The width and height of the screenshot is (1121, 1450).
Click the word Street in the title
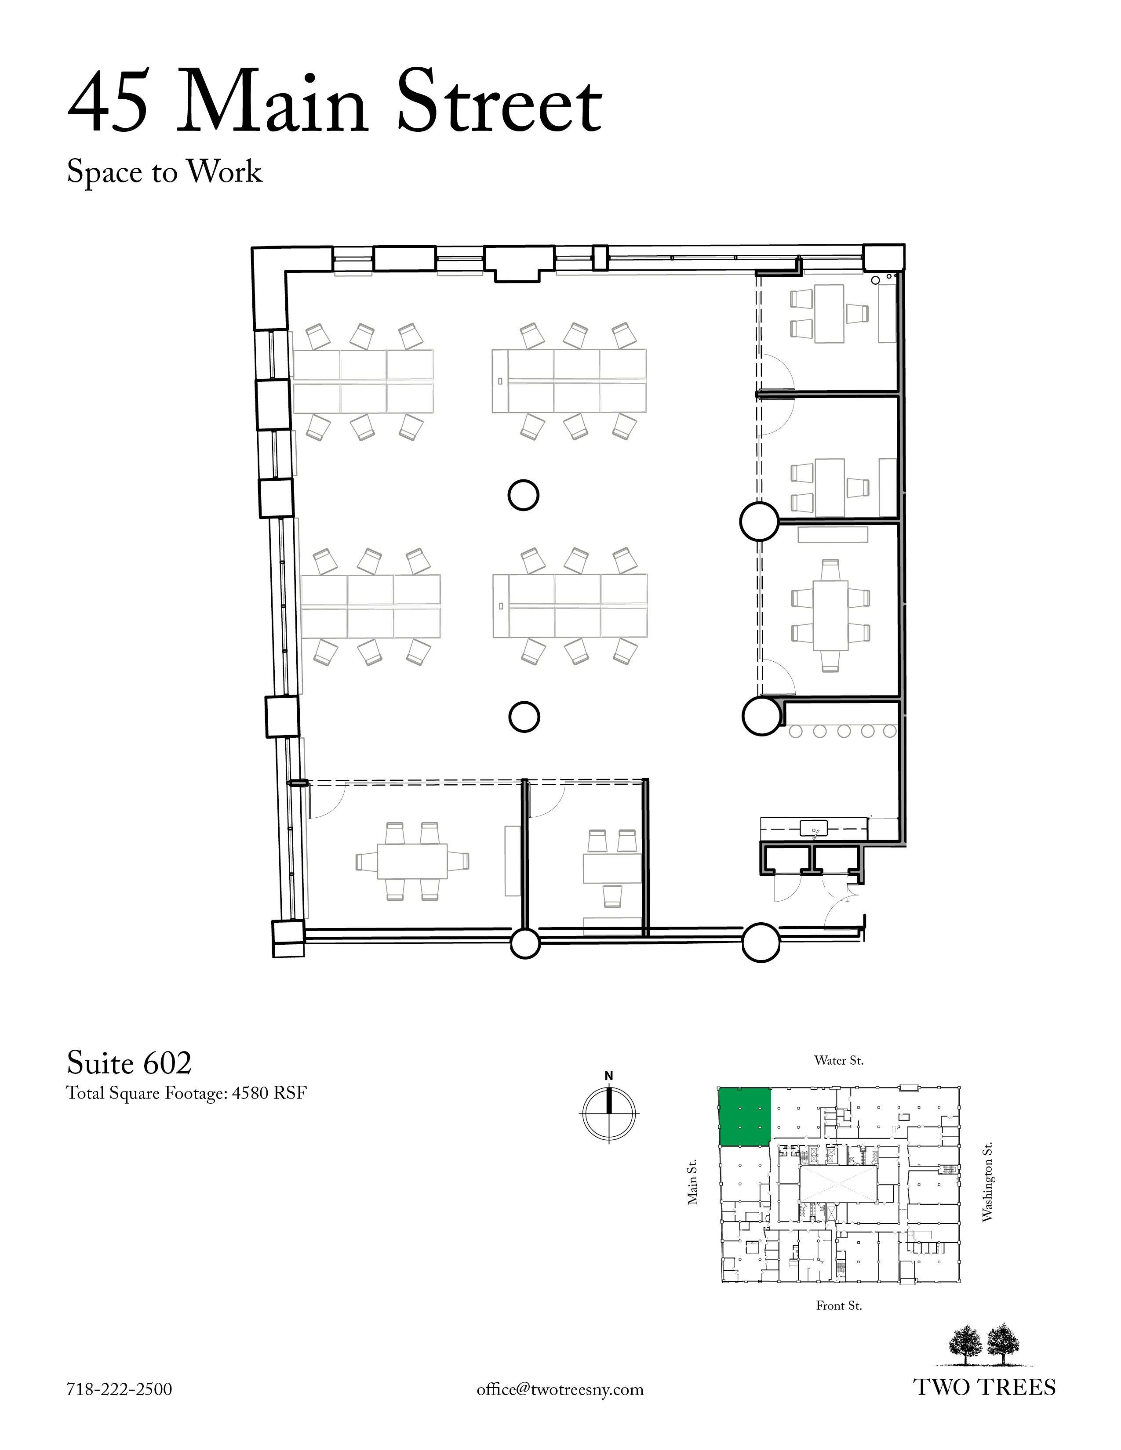[x=499, y=101]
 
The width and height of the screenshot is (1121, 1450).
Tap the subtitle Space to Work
[x=165, y=172]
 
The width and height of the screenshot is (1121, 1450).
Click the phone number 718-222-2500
[x=120, y=1389]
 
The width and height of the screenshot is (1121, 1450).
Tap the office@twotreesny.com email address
[x=560, y=1389]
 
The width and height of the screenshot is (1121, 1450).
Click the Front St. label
[x=839, y=1306]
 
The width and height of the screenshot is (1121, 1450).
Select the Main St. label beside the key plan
[x=693, y=1182]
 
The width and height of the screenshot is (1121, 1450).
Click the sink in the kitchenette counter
[x=814, y=829]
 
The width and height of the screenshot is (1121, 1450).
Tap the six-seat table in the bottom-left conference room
[x=412, y=861]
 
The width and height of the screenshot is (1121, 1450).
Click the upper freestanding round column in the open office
[x=523, y=495]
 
